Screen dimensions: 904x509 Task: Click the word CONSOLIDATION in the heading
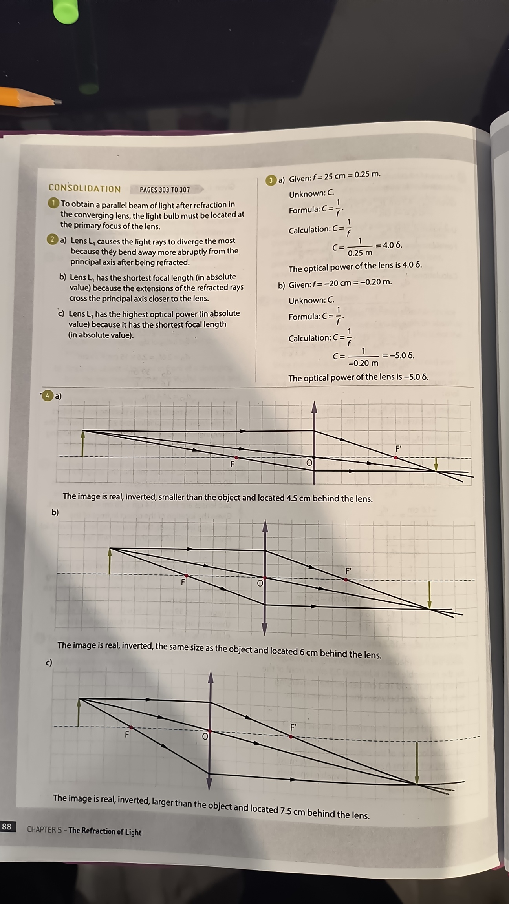84,188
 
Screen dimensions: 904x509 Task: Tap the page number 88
7,826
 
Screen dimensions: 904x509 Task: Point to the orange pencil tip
58,102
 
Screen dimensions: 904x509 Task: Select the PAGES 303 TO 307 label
165,190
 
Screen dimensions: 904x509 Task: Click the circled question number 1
53,203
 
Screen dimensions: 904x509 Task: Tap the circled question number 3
271,180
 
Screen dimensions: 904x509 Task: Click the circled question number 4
48,395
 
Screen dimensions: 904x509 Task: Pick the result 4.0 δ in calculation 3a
392,245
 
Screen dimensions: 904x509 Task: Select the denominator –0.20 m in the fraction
363,363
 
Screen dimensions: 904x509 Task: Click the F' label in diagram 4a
398,448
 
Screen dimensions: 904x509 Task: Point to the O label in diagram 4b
260,583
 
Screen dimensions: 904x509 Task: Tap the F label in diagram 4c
127,734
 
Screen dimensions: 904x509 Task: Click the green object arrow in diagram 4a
82,443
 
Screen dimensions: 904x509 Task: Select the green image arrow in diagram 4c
417,762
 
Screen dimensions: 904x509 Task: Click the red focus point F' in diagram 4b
346,579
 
